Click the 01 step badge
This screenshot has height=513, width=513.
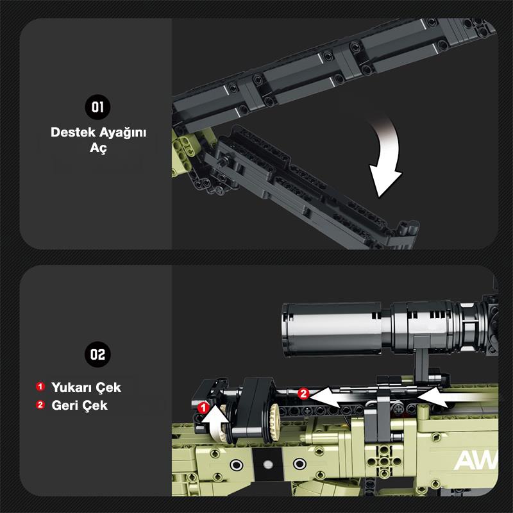97,106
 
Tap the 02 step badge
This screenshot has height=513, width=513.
97,354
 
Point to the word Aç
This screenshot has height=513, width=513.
98,148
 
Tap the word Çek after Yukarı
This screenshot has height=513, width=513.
108,387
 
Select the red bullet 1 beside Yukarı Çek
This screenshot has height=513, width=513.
40,387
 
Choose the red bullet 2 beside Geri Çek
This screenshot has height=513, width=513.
40,405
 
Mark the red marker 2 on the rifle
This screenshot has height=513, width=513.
303,394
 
